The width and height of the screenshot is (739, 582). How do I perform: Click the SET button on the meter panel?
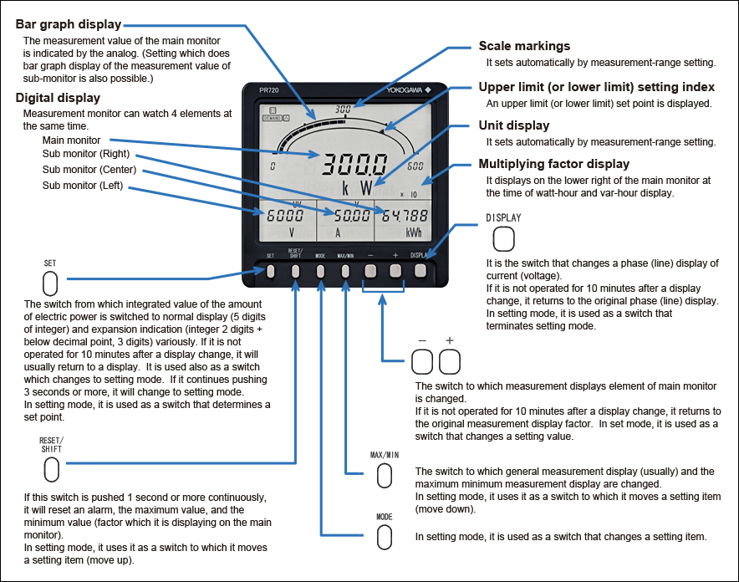271,270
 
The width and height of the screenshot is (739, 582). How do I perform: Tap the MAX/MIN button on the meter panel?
346,270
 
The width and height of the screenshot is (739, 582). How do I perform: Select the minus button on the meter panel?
371,270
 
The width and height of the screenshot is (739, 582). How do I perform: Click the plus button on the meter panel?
395,270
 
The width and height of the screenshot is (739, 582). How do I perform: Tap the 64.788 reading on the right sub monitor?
405,216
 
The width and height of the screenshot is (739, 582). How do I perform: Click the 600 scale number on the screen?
415,166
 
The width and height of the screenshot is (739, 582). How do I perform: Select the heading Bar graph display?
69,24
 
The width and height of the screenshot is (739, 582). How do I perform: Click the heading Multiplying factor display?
553,163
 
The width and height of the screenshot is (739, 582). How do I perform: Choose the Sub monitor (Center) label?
89,170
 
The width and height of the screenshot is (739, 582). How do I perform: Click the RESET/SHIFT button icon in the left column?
51,469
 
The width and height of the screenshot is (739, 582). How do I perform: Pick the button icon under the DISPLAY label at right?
503,240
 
